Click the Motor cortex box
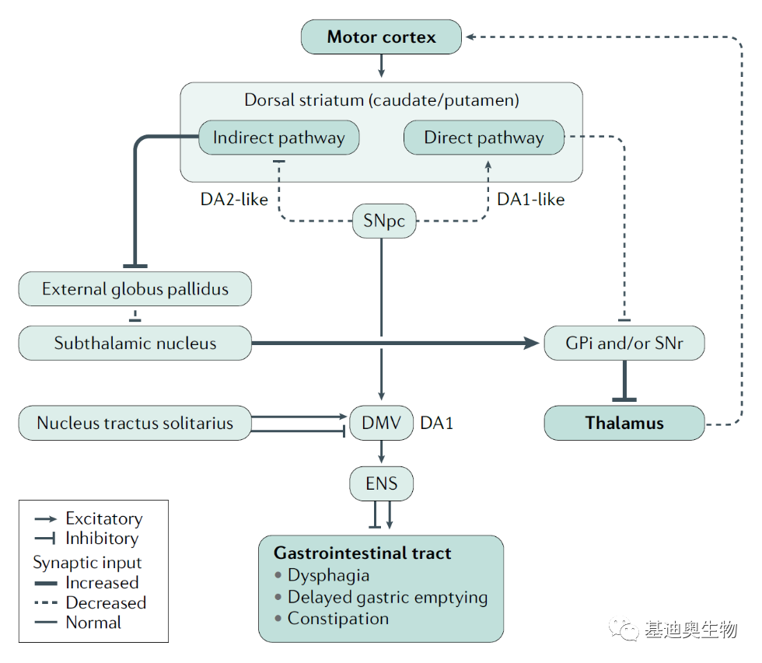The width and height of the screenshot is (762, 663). pos(381,37)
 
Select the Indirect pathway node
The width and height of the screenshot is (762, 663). pos(279,138)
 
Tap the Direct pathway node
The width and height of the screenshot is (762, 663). pos(484,138)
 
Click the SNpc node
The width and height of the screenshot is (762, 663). pos(384,221)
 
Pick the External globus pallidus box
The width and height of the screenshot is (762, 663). pos(135,289)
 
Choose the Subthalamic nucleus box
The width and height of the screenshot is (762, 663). pos(135,343)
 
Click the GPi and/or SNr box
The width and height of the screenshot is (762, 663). pos(624,343)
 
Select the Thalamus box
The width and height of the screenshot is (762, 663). pos(624,423)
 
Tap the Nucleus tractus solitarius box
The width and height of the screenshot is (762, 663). pos(135,423)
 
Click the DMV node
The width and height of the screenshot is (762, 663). pos(382,423)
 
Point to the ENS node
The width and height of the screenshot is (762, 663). pos(382,483)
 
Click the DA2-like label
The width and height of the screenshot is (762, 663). pos(234,199)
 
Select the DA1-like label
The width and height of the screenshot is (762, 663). pos(530,199)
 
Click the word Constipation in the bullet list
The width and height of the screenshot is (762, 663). pos(338,619)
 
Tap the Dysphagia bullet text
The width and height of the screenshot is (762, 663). pos(328,576)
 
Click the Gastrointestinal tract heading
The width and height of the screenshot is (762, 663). pos(362,553)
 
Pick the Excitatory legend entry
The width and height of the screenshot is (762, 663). pos(89,518)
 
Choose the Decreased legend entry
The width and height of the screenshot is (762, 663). pos(90,603)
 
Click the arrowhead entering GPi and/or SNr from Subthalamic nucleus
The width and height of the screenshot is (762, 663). pos(532,344)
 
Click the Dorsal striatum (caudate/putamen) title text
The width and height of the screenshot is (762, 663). pos(382,100)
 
